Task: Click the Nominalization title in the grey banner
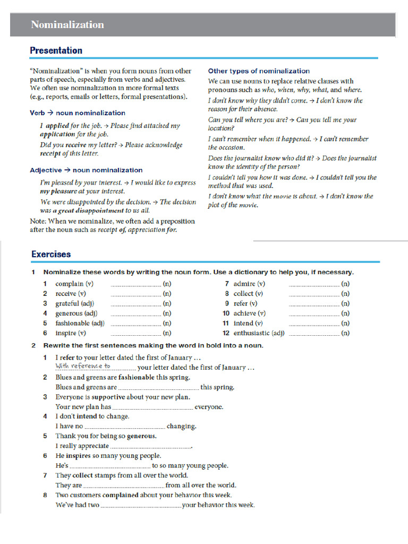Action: pyautogui.click(x=67, y=25)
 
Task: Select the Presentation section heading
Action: pyautogui.click(x=56, y=50)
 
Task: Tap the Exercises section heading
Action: pyautogui.click(x=51, y=254)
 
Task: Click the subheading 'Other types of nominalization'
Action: pyautogui.click(x=259, y=71)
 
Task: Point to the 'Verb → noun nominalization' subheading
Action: pyautogui.click(x=78, y=113)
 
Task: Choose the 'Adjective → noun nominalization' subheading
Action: pyautogui.click(x=86, y=171)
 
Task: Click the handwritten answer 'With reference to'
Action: pyautogui.click(x=83, y=366)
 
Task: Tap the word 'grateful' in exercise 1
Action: pyautogui.click(x=67, y=303)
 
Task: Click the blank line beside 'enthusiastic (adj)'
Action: pyautogui.click(x=313, y=334)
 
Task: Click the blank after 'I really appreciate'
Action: pyautogui.click(x=150, y=447)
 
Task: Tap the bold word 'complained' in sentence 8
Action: pyautogui.click(x=121, y=495)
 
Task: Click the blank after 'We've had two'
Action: pyautogui.click(x=141, y=506)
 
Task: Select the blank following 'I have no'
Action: pyautogui.click(x=125, y=427)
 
